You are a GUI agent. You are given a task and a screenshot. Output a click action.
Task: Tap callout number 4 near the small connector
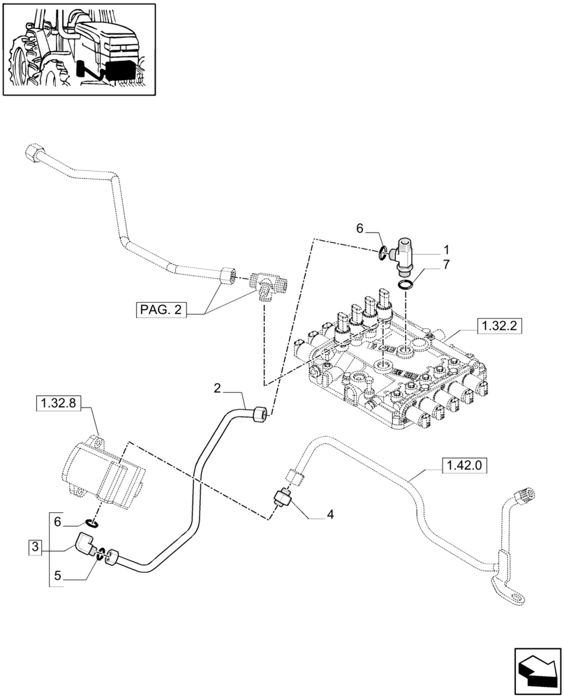tap(330, 514)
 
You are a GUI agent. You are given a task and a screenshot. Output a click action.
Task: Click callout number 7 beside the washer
tap(446, 265)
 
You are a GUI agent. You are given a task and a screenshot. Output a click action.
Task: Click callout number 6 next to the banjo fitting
tap(360, 228)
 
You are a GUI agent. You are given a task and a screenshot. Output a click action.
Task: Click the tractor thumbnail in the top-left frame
tap(78, 49)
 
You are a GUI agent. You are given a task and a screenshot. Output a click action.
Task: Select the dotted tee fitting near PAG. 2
tap(269, 285)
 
